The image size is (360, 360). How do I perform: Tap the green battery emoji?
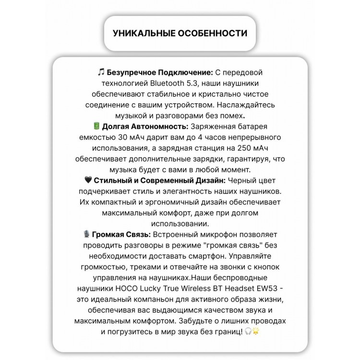96,126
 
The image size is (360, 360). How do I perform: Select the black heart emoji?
88,180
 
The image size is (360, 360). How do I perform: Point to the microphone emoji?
86,235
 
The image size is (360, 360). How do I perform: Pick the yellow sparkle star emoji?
255,331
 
